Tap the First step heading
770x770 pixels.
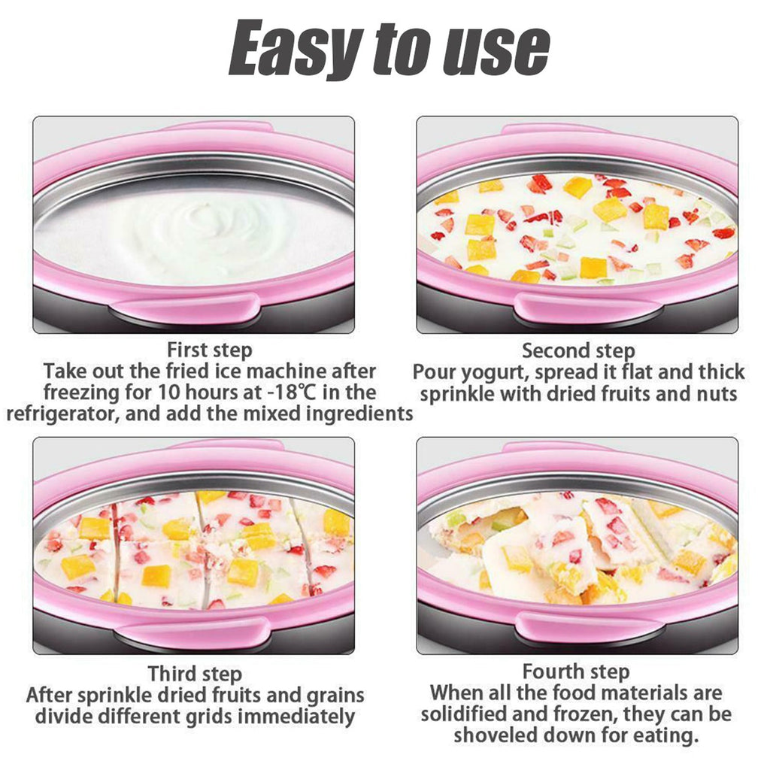[210, 350]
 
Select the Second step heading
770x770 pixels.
[578, 350]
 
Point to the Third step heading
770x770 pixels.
[195, 674]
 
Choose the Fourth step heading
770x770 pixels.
[576, 671]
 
